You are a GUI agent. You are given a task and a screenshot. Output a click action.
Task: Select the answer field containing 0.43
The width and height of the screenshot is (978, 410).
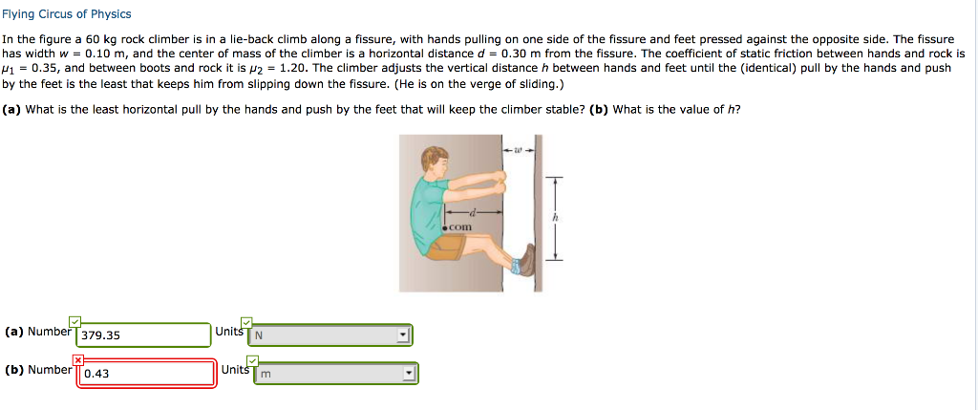[x=146, y=373]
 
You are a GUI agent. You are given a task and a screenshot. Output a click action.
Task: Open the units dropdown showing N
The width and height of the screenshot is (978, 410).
[x=330, y=335]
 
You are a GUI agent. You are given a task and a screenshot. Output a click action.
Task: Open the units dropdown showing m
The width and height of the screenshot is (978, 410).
[x=335, y=374]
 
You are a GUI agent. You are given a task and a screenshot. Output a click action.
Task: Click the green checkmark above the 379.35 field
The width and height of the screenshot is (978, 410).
[x=74, y=321]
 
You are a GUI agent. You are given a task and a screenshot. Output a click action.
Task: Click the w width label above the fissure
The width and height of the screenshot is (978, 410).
[x=517, y=149]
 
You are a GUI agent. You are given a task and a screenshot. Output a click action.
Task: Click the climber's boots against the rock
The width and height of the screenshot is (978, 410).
[x=525, y=261]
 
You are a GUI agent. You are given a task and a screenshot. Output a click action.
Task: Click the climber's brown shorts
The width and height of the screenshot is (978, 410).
[x=444, y=248]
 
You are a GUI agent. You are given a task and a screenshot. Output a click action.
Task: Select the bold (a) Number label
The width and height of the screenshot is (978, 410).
[x=37, y=332]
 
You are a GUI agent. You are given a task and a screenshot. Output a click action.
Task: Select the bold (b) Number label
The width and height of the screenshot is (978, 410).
[x=38, y=369]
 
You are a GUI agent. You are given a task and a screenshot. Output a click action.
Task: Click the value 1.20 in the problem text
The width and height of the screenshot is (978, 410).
[x=287, y=68]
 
